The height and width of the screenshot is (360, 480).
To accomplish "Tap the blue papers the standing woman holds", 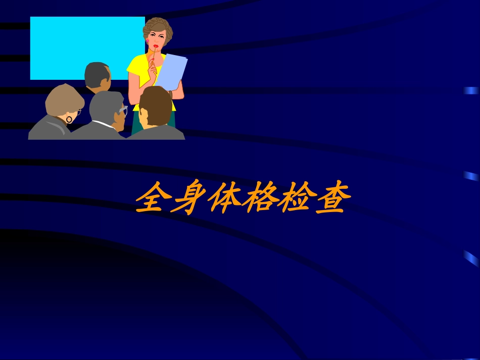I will [172, 71].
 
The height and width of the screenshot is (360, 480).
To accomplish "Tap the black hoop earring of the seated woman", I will [69, 120].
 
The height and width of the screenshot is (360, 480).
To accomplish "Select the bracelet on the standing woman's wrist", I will [171, 94].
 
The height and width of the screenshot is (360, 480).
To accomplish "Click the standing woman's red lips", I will [156, 46].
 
